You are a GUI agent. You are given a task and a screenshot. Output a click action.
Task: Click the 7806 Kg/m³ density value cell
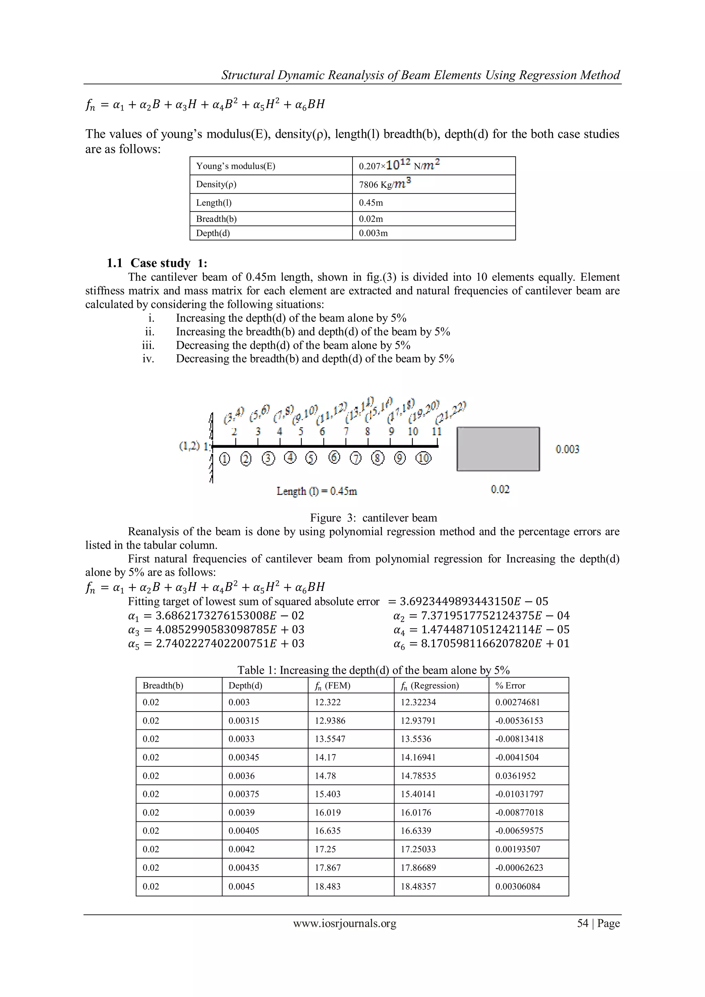pyautogui.click(x=385, y=184)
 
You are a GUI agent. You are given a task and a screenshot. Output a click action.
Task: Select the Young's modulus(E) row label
pyautogui.click(x=236, y=166)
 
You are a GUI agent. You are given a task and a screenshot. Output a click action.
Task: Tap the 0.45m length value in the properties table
pyautogui.click(x=371, y=203)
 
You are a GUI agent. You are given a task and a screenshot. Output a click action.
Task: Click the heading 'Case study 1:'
pyautogui.click(x=157, y=263)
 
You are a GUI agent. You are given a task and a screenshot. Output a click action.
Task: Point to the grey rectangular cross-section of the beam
pyautogui.click(x=498, y=449)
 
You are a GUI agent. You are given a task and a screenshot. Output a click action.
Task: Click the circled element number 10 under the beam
pyautogui.click(x=423, y=458)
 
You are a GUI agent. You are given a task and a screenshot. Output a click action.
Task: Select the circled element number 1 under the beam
pyautogui.click(x=224, y=459)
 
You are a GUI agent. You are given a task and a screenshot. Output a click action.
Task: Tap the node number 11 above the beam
pyautogui.click(x=436, y=432)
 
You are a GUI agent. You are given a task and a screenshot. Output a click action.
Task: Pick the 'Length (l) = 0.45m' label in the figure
pyautogui.click(x=316, y=491)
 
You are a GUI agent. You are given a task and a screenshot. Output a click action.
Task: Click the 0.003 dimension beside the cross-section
pyautogui.click(x=567, y=449)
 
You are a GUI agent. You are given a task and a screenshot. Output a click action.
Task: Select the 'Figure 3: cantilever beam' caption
pyautogui.click(x=373, y=518)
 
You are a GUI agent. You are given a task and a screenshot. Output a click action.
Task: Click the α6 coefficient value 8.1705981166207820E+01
pyautogui.click(x=495, y=644)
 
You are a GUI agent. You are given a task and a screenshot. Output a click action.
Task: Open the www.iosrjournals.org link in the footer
pyautogui.click(x=345, y=923)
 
